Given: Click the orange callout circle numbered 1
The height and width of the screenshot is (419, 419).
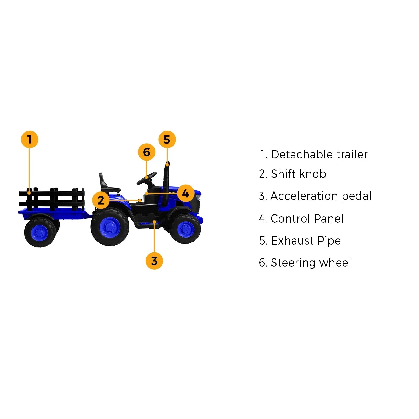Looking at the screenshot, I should tap(30, 139).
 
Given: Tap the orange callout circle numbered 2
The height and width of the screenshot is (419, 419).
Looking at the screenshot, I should tap(101, 200).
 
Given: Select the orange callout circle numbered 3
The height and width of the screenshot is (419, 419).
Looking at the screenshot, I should tap(154, 261).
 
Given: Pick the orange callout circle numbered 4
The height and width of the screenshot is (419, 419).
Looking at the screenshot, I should tap(186, 194).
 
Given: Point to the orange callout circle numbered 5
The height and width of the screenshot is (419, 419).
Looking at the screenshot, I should tap(167, 139).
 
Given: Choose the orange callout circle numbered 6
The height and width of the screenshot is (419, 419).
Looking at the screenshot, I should tap(147, 152).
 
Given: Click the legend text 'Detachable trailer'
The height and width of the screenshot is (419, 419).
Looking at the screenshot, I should tap(319, 155).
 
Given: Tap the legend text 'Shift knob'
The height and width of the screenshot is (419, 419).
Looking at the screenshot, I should tap(298, 174).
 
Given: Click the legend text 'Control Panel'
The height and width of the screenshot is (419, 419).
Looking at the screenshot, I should tap(307, 219).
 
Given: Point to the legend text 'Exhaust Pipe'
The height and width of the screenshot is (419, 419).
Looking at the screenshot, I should tap(306, 241).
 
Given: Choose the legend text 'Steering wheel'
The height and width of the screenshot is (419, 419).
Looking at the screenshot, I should tap(311, 263).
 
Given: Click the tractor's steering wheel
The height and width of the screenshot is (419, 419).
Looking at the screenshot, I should tap(147, 178).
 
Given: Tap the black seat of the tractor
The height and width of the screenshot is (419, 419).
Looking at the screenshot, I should tap(106, 185).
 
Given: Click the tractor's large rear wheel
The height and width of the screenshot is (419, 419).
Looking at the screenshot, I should tap(110, 227).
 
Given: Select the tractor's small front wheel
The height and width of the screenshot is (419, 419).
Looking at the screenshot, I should tap(185, 228).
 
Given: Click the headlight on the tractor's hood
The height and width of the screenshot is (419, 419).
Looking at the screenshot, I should tap(198, 197).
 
